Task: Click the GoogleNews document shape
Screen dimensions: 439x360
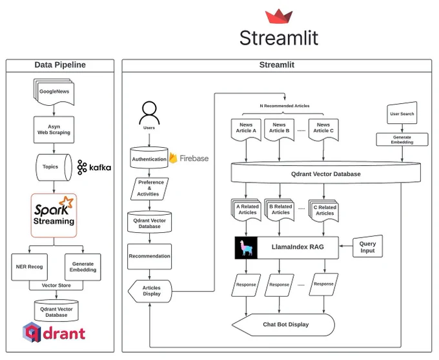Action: pos(54,92)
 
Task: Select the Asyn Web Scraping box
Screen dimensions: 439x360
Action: pos(54,130)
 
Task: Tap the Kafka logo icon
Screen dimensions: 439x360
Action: pos(82,167)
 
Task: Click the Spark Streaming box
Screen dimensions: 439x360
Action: pos(54,215)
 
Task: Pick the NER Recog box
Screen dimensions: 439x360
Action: pos(30,267)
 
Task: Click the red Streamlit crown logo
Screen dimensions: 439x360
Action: pos(279,16)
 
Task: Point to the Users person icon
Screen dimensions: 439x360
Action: pos(149,113)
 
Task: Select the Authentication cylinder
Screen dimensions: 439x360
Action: pos(149,158)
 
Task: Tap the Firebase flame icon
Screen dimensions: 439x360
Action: pos(173,158)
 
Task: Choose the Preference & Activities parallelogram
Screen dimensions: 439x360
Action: pos(150,188)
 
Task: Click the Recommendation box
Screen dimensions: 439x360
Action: pos(150,256)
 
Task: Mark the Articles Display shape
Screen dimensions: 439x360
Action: pos(150,291)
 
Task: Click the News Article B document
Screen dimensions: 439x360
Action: pos(279,130)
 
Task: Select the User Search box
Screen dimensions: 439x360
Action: pos(402,113)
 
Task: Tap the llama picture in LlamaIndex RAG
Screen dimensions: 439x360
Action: pos(246,248)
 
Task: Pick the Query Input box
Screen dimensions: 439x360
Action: pos(367,246)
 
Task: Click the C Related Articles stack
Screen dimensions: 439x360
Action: pos(323,210)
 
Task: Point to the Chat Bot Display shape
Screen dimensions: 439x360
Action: pos(283,325)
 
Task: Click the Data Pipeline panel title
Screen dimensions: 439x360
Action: pos(60,65)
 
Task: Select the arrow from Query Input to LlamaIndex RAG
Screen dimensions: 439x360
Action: pos(346,246)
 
